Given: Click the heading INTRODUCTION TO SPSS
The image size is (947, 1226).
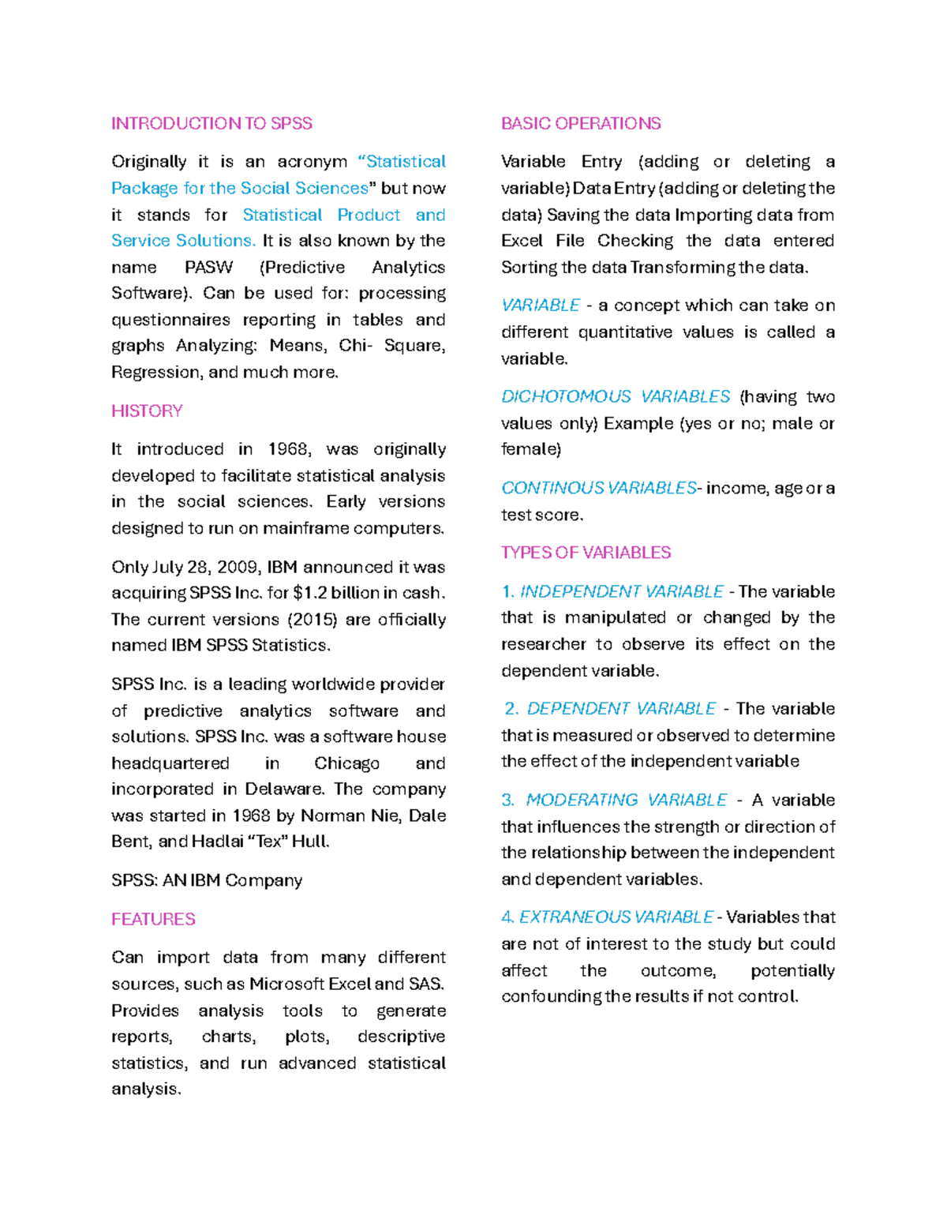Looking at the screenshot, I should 211,123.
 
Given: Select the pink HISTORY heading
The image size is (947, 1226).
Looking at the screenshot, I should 147,411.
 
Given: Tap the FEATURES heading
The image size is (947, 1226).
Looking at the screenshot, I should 153,919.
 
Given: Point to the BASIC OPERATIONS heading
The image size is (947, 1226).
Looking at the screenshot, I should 581,123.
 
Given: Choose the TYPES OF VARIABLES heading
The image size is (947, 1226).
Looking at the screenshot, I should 586,553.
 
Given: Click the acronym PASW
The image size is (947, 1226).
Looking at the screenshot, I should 208,267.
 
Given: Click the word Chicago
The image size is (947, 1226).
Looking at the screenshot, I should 346,763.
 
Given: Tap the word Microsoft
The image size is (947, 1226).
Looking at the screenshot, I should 286,984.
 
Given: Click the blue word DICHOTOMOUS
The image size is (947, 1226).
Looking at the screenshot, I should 566,396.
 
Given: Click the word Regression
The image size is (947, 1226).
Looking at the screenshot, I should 155,372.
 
